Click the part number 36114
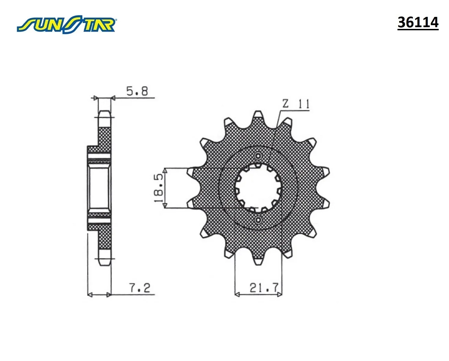418,22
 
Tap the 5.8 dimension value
137,91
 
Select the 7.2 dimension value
140,288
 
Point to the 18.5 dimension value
159,188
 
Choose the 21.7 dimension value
264,288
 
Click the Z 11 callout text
296,104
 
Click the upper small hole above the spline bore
258,156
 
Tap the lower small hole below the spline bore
258,220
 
